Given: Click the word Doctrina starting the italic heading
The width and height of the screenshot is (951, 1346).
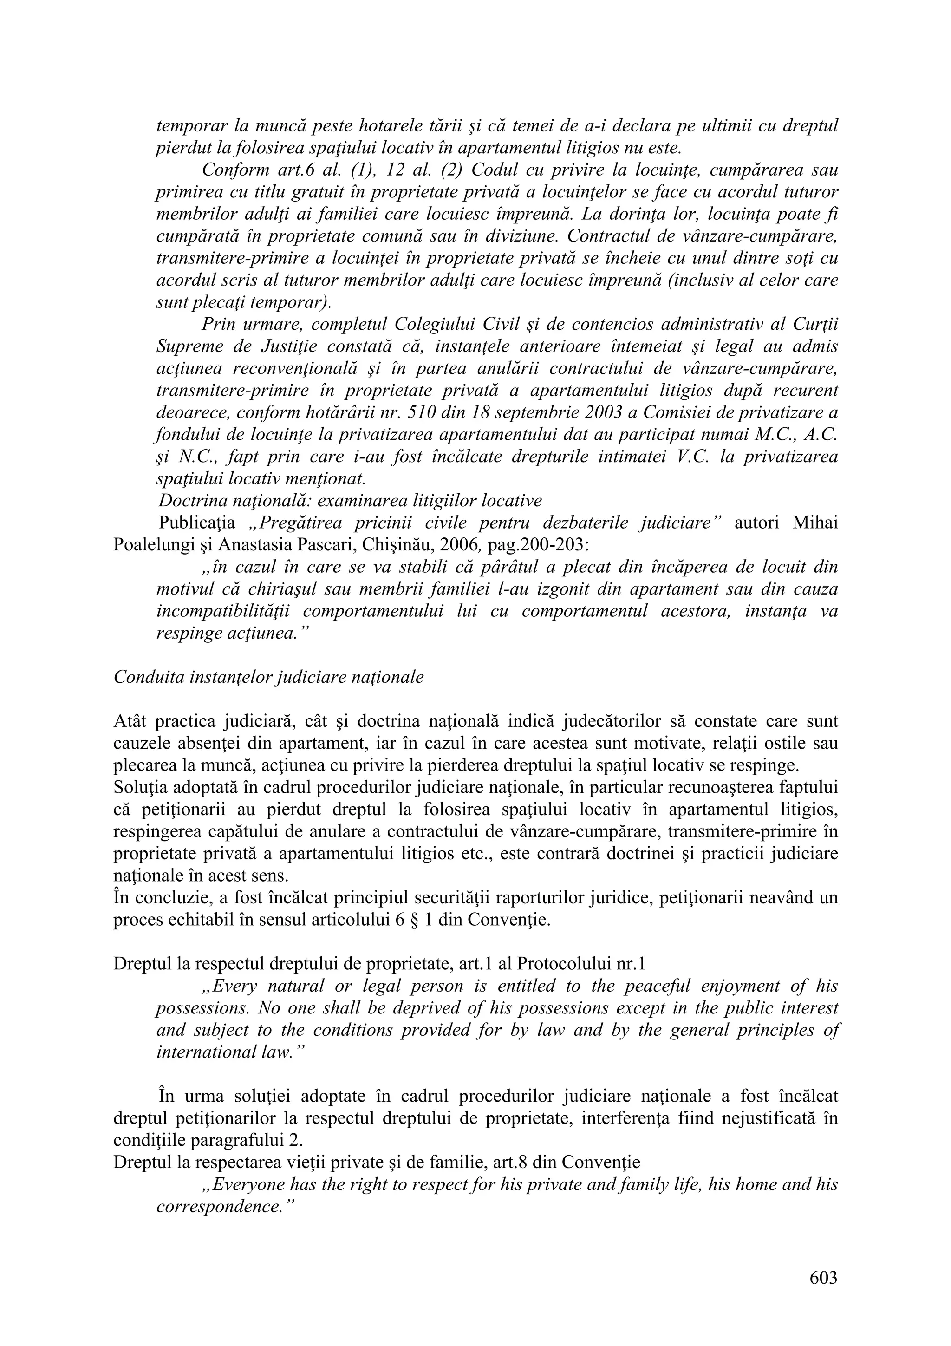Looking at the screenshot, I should tap(188, 501).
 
